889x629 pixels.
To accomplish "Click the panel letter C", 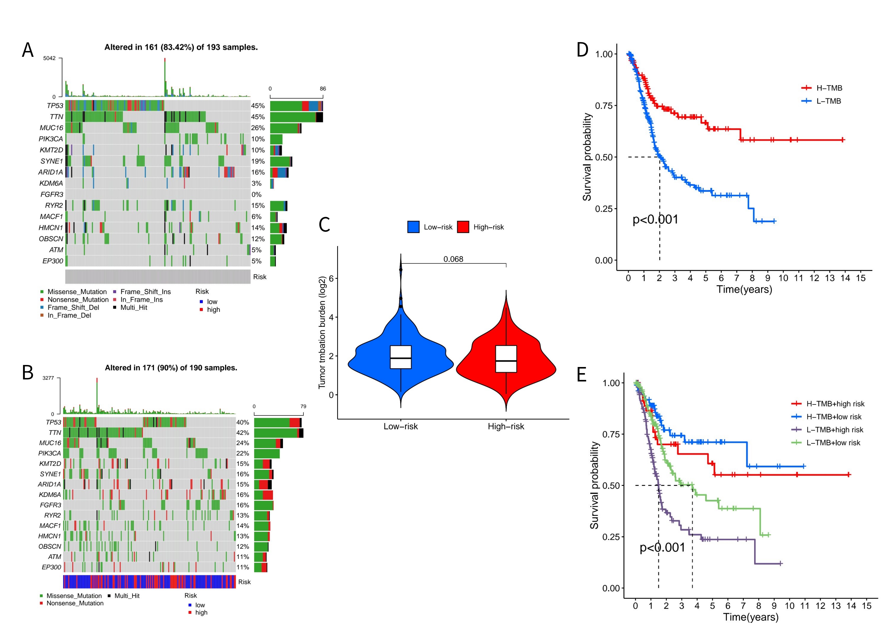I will tap(324, 225).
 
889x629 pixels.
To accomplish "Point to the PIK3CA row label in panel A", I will tap(51, 139).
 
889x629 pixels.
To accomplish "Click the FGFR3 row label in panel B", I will tap(50, 505).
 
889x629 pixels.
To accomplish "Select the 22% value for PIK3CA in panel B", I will tap(243, 453).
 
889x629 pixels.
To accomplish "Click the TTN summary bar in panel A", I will tap(296, 117).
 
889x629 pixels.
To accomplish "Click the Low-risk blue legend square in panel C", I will tap(413, 227).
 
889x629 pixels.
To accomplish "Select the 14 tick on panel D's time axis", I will tap(845, 278).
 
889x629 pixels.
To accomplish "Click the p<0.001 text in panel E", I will tap(662, 548).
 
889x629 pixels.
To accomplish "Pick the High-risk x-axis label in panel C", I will tap(506, 426).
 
